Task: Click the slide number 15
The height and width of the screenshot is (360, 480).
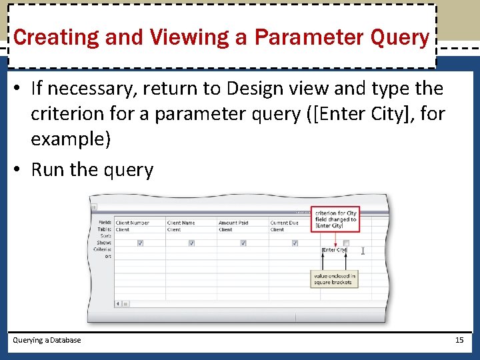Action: pyautogui.click(x=459, y=340)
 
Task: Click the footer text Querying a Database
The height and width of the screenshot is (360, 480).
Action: pyautogui.click(x=47, y=340)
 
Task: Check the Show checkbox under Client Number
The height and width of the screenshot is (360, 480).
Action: pyautogui.click(x=140, y=243)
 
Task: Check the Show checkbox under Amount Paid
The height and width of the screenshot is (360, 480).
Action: pyautogui.click(x=243, y=243)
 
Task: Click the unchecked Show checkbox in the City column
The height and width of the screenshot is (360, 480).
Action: pyautogui.click(x=345, y=243)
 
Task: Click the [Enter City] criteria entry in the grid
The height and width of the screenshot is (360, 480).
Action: pyautogui.click(x=334, y=250)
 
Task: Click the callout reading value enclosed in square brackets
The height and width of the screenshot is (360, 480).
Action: pyautogui.click(x=335, y=279)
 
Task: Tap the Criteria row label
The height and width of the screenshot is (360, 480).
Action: pyautogui.click(x=103, y=249)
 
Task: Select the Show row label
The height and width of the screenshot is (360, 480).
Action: pyautogui.click(x=104, y=243)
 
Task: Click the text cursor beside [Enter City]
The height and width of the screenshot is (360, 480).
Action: pyautogui.click(x=363, y=251)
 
